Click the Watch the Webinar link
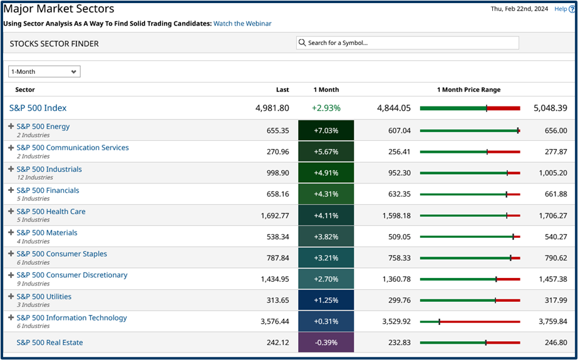pyautogui.click(x=242, y=23)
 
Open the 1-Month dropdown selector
pyautogui.click(x=44, y=71)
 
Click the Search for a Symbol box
pyautogui.click(x=408, y=43)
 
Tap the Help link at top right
pyautogui.click(x=561, y=9)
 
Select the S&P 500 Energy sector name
pyautogui.click(x=43, y=126)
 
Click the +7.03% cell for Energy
pyautogui.click(x=326, y=130)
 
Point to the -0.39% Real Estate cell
pyautogui.click(x=326, y=342)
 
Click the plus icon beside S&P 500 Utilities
pyautogui.click(x=11, y=296)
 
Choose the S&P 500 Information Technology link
pyautogui.click(x=71, y=317)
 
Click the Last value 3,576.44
pyautogui.click(x=274, y=321)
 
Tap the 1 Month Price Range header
pyautogui.click(x=468, y=90)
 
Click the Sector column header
pyautogui.click(x=25, y=90)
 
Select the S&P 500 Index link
pyautogui.click(x=38, y=108)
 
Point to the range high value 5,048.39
pyautogui.click(x=549, y=108)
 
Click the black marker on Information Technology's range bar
pyautogui.click(x=440, y=322)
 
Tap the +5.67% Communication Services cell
pyautogui.click(x=326, y=152)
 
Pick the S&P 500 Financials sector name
pyautogui.click(x=48, y=190)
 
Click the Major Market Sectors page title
pyautogui.click(x=59, y=9)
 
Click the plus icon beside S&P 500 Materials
pyautogui.click(x=11, y=232)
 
